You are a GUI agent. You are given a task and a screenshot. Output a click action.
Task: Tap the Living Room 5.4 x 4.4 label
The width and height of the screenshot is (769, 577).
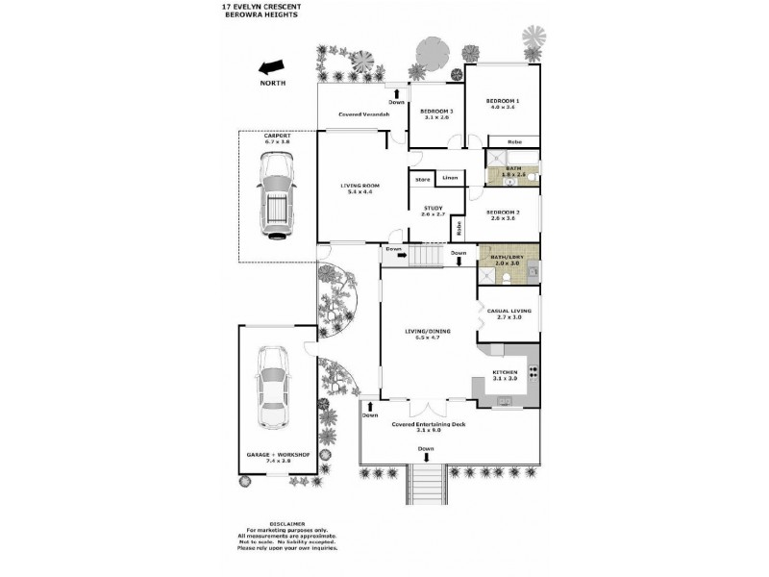(x=360, y=188)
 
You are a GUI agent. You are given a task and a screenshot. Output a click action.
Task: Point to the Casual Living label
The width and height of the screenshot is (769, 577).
(x=505, y=313)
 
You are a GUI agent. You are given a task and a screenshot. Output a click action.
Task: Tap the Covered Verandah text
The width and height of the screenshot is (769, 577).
(x=362, y=114)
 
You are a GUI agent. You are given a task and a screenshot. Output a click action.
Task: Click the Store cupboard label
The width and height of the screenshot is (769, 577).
(x=421, y=179)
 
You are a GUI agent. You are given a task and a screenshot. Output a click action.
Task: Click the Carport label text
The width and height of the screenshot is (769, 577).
(x=277, y=137)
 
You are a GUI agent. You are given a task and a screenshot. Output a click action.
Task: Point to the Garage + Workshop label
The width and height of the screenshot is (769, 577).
(x=272, y=457)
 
